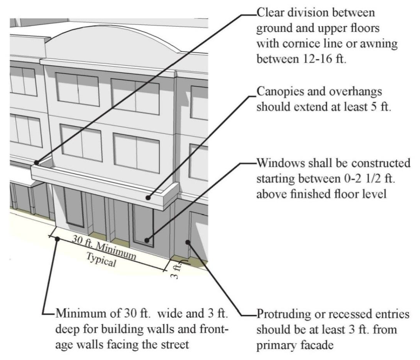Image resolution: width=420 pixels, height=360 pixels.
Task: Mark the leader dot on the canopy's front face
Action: click(x=148, y=197)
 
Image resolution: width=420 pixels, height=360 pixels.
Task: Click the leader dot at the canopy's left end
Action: click(x=36, y=163)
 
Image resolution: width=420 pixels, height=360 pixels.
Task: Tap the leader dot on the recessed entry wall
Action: click(x=188, y=242)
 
